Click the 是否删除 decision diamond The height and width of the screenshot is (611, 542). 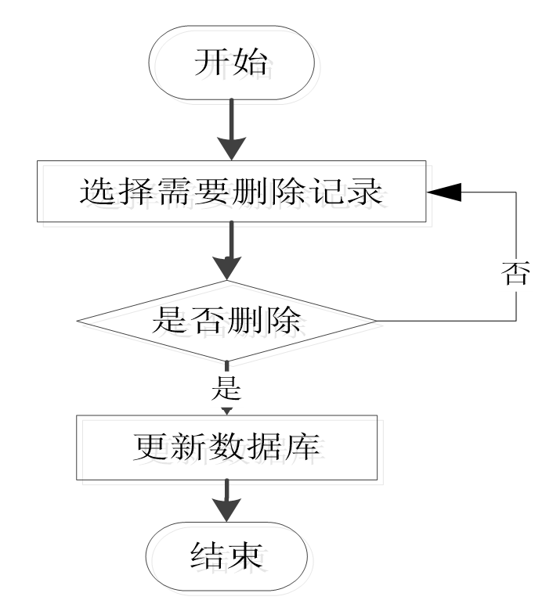point(227,321)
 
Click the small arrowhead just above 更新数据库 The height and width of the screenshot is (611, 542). point(227,409)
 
